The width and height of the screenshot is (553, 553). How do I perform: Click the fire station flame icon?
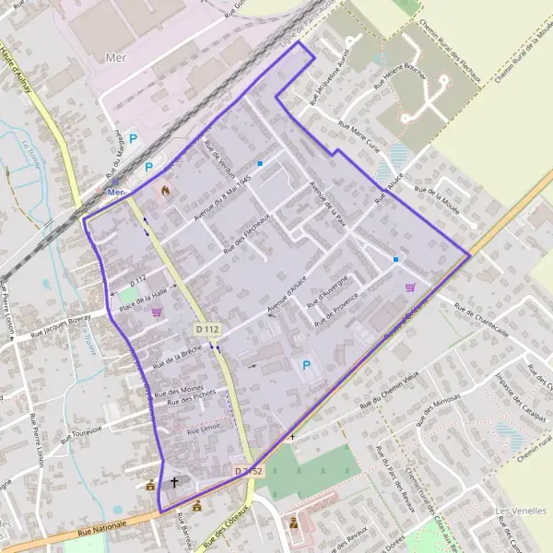(x=165, y=190)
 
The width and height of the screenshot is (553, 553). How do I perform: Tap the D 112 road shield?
(x=206, y=329)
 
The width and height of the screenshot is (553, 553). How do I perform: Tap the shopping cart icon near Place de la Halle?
(x=157, y=312)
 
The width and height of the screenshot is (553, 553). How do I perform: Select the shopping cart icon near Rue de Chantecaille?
(x=410, y=287)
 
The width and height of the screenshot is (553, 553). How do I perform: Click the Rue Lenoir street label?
(x=204, y=430)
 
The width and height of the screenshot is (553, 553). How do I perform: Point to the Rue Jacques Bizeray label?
(x=61, y=324)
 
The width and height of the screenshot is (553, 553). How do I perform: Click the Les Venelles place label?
(x=515, y=511)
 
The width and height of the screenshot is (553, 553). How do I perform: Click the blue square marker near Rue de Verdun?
(x=260, y=164)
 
